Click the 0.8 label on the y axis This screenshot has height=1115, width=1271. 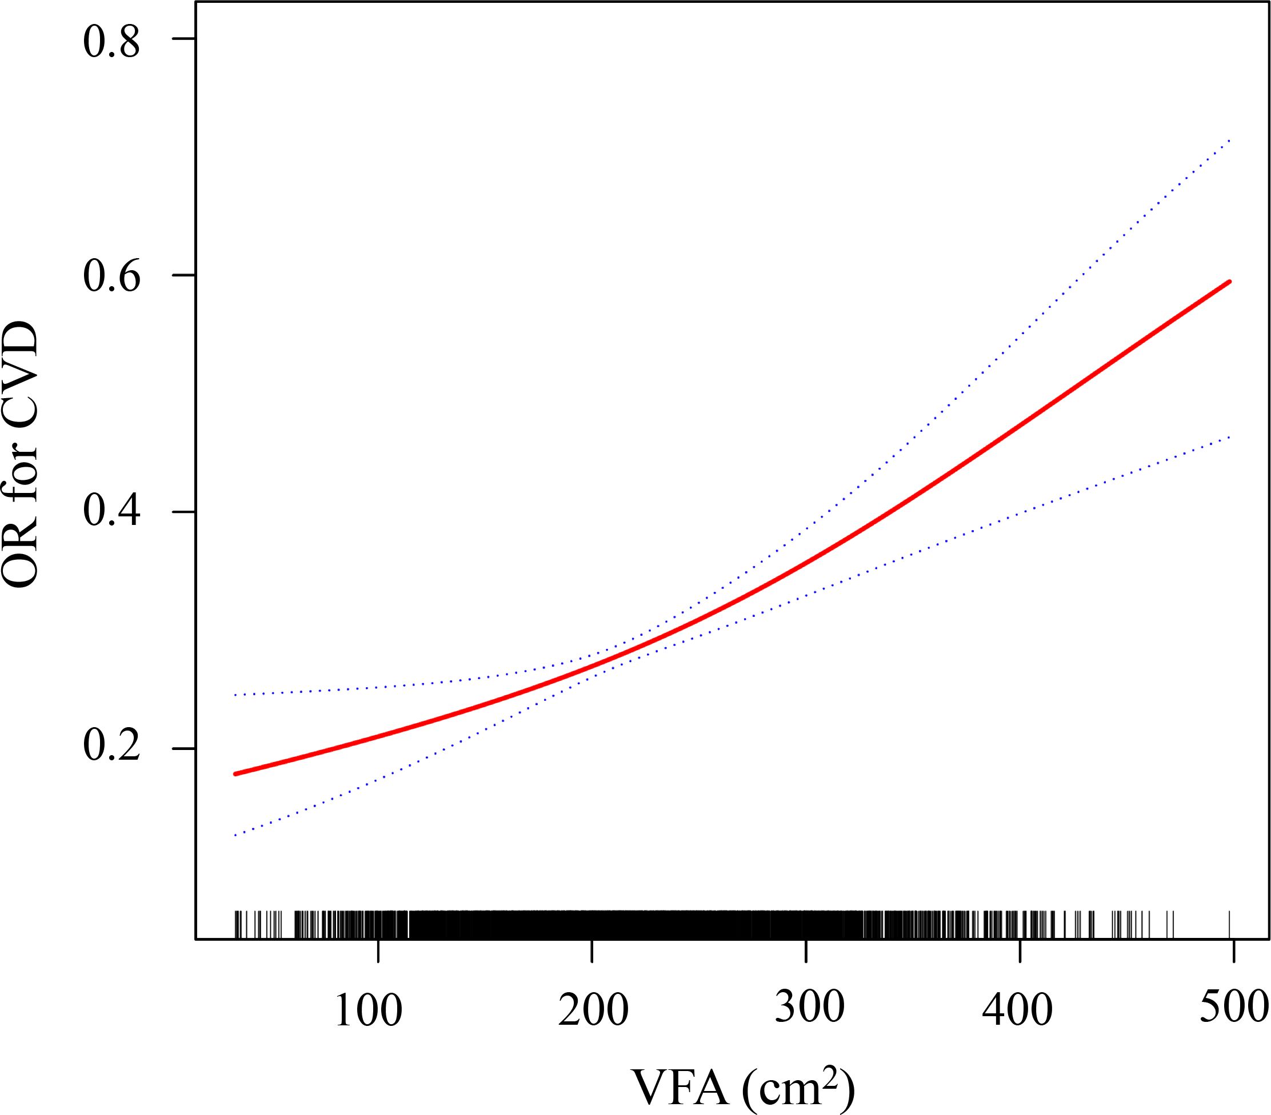tap(112, 43)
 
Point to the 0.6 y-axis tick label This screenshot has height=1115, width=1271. tap(112, 276)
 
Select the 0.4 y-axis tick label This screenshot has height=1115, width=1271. tap(112, 513)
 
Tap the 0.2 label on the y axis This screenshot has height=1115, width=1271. tap(112, 748)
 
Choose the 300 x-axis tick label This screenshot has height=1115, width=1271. tap(810, 1009)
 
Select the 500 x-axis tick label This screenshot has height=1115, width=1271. tap(1233, 1009)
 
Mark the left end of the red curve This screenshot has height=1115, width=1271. tap(235, 774)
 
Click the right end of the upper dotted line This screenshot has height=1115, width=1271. tap(1230, 141)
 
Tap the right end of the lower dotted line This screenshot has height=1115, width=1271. tap(1230, 437)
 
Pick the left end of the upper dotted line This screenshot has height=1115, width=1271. tap(235, 694)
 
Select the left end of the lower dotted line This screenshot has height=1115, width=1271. tap(235, 835)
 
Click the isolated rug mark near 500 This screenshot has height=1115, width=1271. tap(1230, 924)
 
